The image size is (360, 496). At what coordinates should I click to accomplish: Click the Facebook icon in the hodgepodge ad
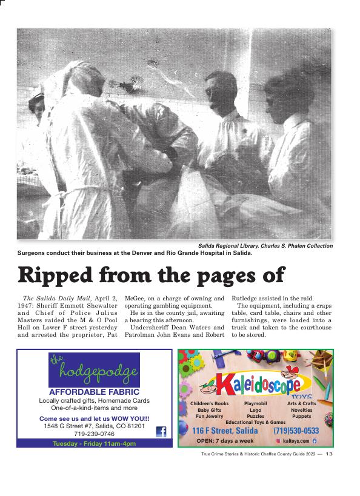click(161, 432)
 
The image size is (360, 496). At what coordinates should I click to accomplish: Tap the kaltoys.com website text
click(296, 441)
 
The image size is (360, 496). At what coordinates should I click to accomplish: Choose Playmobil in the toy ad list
click(255, 403)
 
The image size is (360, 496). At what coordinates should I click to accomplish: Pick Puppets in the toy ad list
click(301, 417)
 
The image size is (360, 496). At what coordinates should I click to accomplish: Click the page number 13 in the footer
click(329, 454)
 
